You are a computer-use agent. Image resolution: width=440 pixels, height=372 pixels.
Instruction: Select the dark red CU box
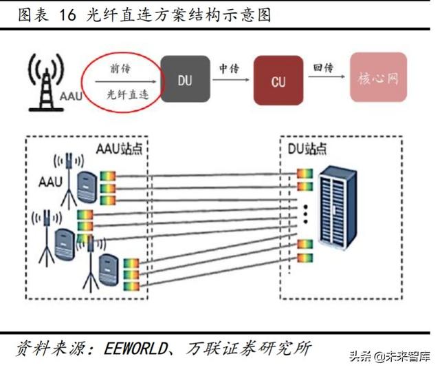click(278, 81)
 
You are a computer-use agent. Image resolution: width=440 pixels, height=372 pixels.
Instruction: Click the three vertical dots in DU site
click(302, 216)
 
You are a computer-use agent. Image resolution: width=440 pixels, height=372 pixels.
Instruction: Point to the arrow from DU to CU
click(230, 80)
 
